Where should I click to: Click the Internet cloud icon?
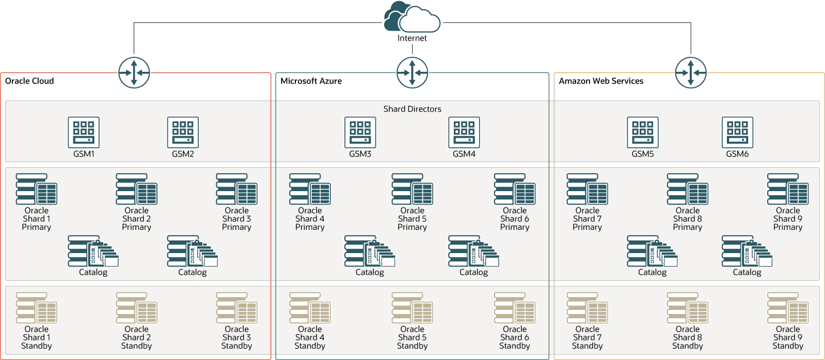[412, 18]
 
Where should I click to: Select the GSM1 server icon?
[84, 132]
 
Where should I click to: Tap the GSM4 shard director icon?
[464, 132]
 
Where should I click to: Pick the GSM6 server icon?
[737, 132]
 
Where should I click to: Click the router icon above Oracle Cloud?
[134, 73]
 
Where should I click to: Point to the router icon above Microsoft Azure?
[412, 73]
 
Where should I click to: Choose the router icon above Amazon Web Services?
[690, 73]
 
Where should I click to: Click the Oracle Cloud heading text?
[29, 81]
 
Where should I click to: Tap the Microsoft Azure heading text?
[311, 81]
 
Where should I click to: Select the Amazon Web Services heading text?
[601, 81]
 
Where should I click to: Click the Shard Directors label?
[412, 109]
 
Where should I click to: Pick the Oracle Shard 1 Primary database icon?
[36, 190]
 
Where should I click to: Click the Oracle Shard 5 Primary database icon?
[412, 190]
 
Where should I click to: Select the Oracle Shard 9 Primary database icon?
[787, 190]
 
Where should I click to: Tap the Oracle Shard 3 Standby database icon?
[236, 308]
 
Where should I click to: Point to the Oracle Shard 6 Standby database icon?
[514, 308]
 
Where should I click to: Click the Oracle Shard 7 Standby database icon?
[587, 308]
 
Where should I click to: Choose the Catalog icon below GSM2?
[192, 252]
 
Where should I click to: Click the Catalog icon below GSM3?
[369, 252]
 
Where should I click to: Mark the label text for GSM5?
[643, 154]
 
